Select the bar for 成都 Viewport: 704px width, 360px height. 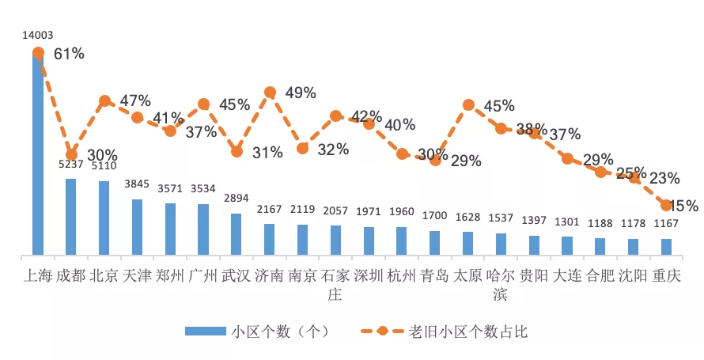[71, 217]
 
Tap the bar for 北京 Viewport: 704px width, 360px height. [104, 218]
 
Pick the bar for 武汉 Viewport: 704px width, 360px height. [236, 234]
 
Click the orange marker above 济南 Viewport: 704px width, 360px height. [270, 93]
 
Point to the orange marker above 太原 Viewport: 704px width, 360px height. [468, 105]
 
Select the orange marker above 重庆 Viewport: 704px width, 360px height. [666, 205]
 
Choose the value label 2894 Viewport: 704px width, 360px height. [236, 199]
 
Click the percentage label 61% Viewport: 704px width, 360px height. [69, 54]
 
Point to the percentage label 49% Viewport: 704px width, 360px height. [301, 93]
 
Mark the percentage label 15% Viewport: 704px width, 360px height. [683, 206]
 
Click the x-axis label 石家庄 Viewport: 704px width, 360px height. [335, 285]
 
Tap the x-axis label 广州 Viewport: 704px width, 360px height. [203, 276]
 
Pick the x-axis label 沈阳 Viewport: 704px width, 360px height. [633, 276]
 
